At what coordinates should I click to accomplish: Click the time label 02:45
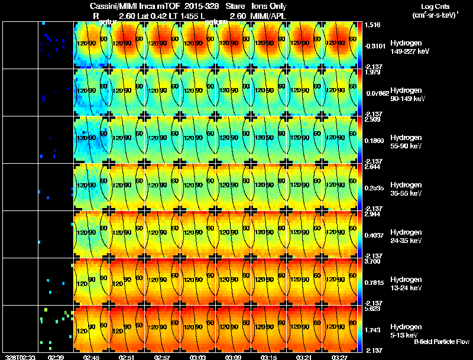(x=92, y=357)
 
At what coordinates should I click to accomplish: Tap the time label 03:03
(x=198, y=357)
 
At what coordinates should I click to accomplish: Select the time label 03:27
(x=339, y=357)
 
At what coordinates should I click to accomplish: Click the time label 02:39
(x=56, y=357)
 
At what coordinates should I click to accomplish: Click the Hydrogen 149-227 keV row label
(x=406, y=47)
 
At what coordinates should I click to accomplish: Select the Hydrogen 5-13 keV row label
(x=406, y=330)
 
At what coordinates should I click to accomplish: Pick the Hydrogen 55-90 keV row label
(x=406, y=142)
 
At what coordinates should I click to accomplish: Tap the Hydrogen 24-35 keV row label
(x=406, y=236)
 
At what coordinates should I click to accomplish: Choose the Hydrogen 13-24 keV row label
(x=406, y=283)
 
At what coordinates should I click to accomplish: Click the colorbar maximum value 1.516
(x=373, y=25)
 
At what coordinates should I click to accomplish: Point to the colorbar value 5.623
(x=373, y=308)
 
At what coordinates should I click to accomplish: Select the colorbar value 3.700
(x=373, y=261)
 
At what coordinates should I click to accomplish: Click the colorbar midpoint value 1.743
(x=373, y=329)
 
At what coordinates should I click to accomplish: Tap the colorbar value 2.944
(x=373, y=213)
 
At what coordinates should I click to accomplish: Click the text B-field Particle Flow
(x=441, y=342)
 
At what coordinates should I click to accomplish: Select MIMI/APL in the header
(x=269, y=15)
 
